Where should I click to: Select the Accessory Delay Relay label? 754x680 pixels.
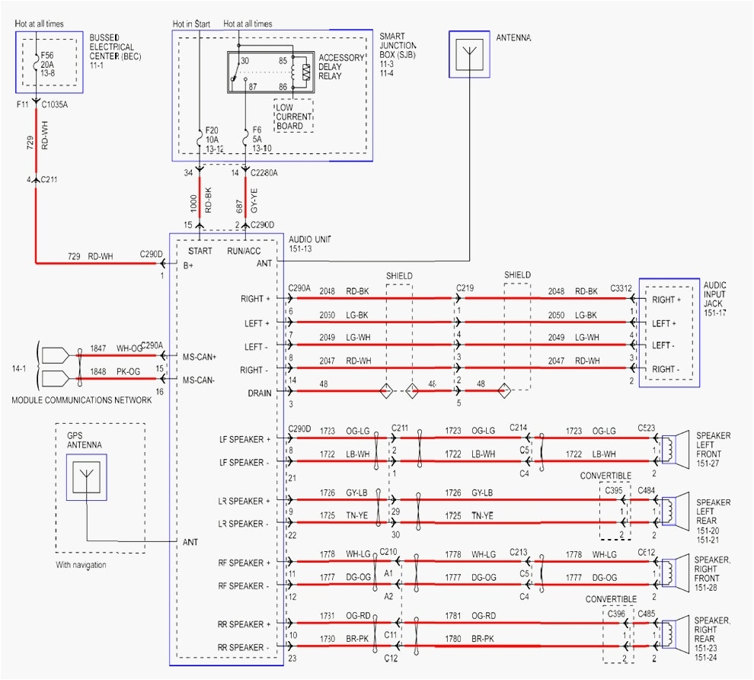click(340, 67)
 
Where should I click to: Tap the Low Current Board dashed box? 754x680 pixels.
click(292, 115)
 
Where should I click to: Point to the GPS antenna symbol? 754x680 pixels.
click(86, 478)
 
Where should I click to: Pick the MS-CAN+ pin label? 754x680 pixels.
click(200, 356)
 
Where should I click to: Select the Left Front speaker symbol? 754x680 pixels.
click(673, 451)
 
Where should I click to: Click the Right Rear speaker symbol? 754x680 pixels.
click(673, 635)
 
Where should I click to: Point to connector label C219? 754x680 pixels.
click(465, 287)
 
